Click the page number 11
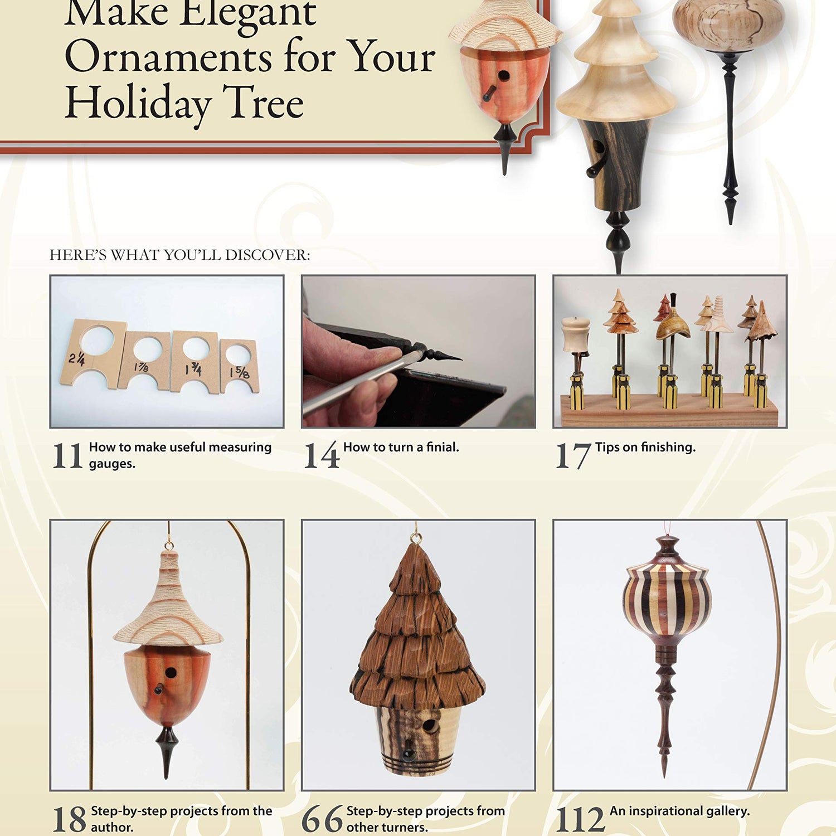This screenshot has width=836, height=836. coord(67,455)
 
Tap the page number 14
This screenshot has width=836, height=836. coord(322,455)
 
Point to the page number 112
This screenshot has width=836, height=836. coord(580,819)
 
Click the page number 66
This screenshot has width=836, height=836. coord(322,819)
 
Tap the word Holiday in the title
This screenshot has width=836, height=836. coord(138,103)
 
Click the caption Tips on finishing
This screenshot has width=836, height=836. coord(645,447)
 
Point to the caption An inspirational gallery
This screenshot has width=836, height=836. coord(679,811)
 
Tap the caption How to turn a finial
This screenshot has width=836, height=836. coord(401,447)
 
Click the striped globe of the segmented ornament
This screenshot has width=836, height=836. coord(667,605)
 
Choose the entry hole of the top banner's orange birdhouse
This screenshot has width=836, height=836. coord(503,75)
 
